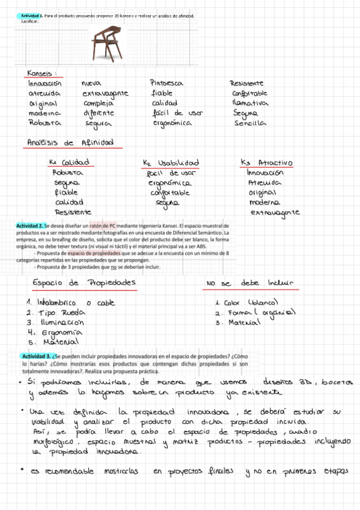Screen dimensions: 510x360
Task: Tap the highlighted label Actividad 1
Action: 30,15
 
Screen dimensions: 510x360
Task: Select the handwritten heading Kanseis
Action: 41,73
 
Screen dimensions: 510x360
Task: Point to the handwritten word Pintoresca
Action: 166,83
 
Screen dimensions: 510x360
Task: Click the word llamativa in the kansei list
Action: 249,103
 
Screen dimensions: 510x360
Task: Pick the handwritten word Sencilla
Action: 250,123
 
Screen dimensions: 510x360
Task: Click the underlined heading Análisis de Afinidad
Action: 70,143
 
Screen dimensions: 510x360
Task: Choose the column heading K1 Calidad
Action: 69,162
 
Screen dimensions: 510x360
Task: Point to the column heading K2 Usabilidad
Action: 171,163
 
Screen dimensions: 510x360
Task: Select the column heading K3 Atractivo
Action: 266,163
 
